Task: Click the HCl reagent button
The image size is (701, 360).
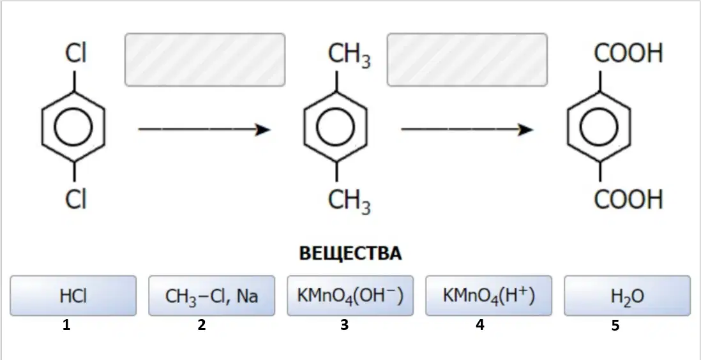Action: [73, 296]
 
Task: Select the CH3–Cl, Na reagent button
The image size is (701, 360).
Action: [211, 296]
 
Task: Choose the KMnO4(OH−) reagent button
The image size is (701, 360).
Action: [350, 296]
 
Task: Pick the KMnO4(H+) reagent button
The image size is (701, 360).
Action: [488, 296]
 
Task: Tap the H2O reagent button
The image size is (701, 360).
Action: [627, 296]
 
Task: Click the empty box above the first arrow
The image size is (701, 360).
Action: [205, 59]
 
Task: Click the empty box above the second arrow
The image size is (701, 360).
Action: [467, 59]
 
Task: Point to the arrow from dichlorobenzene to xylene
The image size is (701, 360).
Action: [205, 130]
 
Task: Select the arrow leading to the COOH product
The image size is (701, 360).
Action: [467, 130]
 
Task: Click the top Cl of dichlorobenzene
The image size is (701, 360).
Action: [75, 54]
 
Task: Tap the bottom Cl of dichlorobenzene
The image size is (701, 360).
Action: [75, 199]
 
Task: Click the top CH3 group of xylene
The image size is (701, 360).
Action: [350, 56]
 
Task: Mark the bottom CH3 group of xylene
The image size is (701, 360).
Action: [350, 202]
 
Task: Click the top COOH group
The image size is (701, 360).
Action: [628, 54]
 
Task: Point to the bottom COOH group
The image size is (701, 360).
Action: [628, 199]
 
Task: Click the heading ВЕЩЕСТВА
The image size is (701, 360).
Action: [350, 253]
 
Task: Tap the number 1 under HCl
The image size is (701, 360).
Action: [66, 326]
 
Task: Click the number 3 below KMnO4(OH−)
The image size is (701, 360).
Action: [343, 326]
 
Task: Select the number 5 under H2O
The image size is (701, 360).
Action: [615, 326]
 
